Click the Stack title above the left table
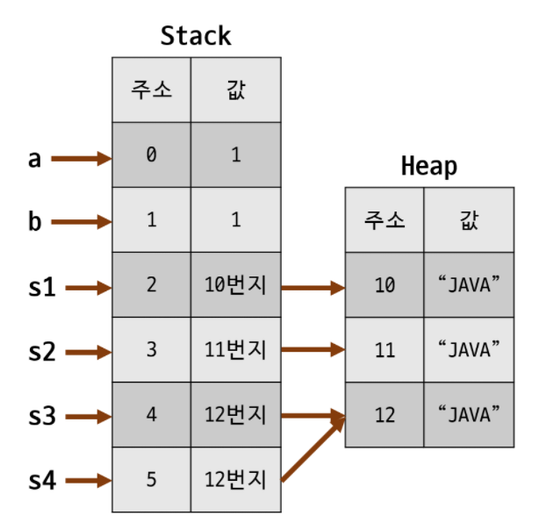point(196,36)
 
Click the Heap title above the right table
point(428,166)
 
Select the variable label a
point(34,159)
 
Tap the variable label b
point(34,221)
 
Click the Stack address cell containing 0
point(151,155)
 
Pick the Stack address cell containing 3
point(151,350)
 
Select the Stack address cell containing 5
point(151,480)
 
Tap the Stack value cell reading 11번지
point(235,350)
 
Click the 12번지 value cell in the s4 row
point(235,480)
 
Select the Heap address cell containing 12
point(384,415)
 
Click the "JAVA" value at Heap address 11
point(469,350)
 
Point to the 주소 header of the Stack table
point(151,90)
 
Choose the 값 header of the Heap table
point(469,220)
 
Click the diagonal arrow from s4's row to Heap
point(312,449)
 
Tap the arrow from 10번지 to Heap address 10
point(313,287)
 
